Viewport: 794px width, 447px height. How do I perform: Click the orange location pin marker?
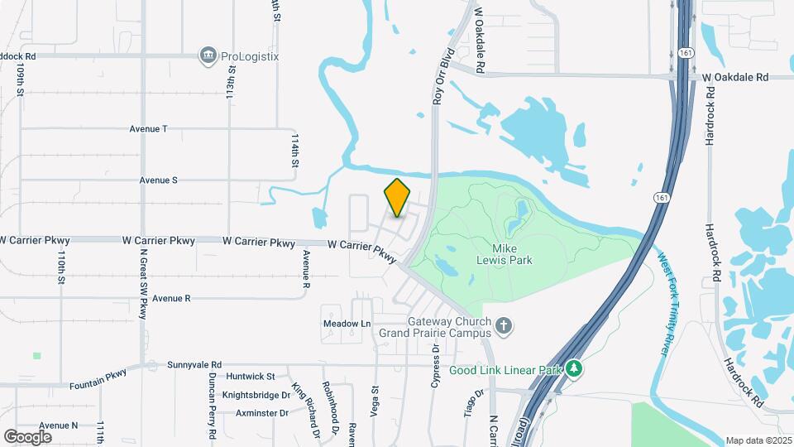point(397,198)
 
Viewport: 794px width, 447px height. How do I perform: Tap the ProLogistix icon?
point(207,56)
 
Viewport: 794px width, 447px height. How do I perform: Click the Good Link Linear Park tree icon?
point(574,369)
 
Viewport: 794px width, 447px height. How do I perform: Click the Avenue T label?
point(148,129)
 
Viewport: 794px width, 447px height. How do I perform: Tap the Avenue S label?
point(158,180)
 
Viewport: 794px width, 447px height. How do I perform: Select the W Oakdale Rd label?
point(735,77)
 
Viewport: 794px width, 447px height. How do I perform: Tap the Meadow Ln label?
point(347,323)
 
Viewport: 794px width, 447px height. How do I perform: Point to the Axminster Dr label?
point(261,412)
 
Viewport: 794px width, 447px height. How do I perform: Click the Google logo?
point(27,436)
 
